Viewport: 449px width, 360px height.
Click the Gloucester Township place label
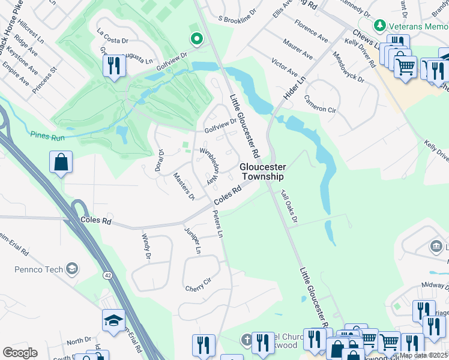pos(262,172)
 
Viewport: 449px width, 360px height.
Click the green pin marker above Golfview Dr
pos(196,40)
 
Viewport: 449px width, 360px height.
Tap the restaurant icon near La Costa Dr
pos(113,65)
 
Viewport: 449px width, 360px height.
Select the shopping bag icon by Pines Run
pos(61,162)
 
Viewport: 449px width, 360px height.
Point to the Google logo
pos(20,353)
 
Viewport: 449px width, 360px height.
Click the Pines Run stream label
pos(47,138)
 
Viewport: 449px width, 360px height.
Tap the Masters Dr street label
pos(184,186)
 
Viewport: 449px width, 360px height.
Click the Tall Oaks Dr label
pos(289,206)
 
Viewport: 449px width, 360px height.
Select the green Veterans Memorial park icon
pos(379,26)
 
